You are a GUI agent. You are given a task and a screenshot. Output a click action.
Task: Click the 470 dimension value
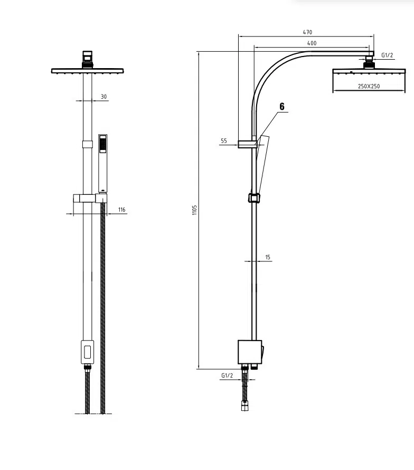point(307,32)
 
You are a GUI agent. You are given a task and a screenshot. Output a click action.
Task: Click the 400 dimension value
point(312,43)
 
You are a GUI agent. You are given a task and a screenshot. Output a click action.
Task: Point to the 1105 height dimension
point(194,210)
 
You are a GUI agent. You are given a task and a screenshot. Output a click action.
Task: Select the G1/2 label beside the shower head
point(388,55)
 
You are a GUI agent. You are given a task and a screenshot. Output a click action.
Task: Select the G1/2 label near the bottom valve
point(227,375)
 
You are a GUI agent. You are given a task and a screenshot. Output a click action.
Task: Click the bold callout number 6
point(281,107)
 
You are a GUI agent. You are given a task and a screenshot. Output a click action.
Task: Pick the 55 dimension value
point(224,141)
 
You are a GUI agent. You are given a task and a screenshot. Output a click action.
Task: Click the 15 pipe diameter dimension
point(268,257)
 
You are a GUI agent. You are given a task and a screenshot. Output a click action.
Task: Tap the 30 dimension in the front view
point(103,97)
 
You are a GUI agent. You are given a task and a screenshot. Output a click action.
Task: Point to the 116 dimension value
point(122,210)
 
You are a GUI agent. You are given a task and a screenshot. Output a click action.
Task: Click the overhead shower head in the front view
point(88,70)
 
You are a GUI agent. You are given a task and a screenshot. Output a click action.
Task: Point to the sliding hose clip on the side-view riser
point(255,198)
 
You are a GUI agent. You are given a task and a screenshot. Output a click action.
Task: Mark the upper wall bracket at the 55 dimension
point(247,144)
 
